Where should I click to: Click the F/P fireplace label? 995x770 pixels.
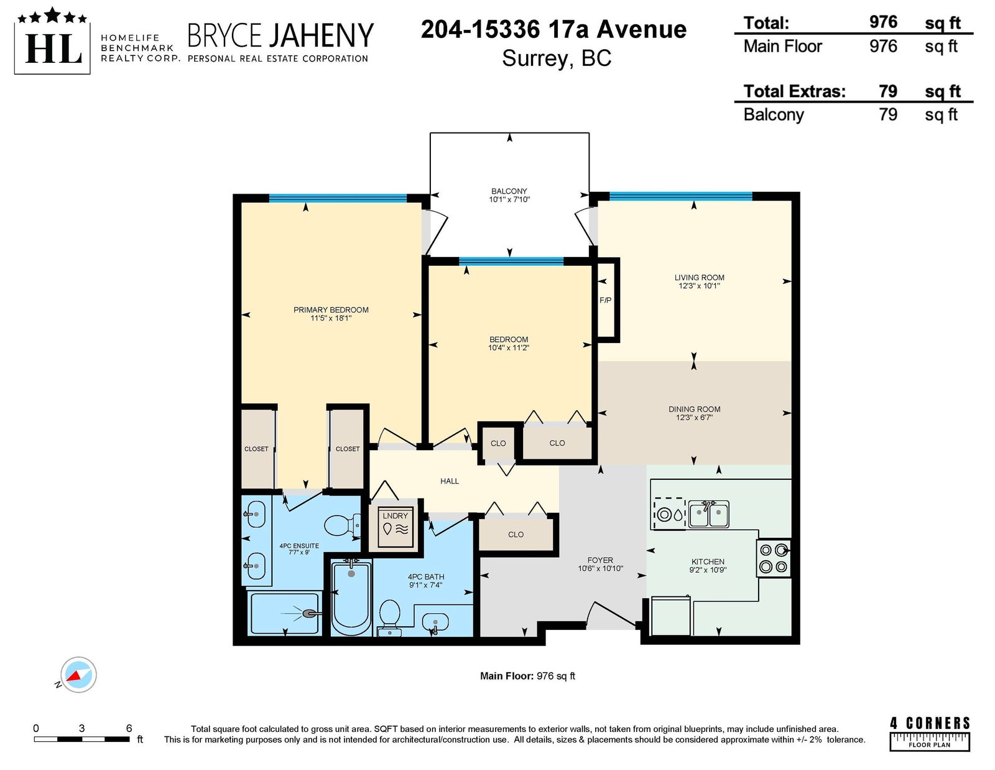click(x=605, y=300)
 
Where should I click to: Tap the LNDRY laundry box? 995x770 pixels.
click(x=394, y=527)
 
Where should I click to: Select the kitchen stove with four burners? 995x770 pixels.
click(x=773, y=558)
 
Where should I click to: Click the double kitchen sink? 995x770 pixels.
click(x=708, y=514)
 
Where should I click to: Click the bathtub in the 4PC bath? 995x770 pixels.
click(x=351, y=597)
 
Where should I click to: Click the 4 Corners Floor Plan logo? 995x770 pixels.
click(x=930, y=734)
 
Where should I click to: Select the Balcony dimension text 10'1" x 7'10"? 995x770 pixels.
click(x=509, y=199)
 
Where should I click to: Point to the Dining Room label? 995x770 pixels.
click(x=694, y=409)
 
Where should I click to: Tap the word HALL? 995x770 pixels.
click(x=449, y=481)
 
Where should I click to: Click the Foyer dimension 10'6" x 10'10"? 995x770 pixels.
click(x=600, y=568)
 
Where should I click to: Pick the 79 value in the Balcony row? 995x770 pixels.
click(x=887, y=114)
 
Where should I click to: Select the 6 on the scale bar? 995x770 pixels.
click(x=129, y=728)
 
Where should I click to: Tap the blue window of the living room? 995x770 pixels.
click(x=680, y=196)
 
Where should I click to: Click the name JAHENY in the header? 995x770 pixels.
click(x=321, y=35)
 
